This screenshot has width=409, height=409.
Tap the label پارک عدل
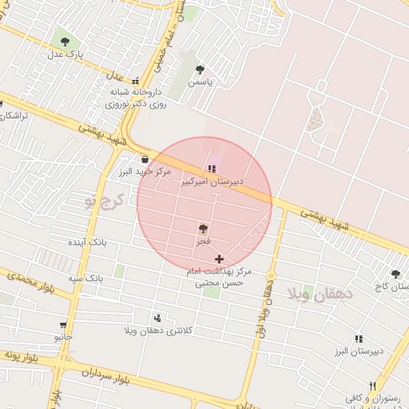point(64,54)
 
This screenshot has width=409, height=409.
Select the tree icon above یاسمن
point(200,69)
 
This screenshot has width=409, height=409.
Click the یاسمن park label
point(200,81)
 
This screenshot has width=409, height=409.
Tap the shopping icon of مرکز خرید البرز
point(145,158)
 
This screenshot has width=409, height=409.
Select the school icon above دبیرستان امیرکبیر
point(211,169)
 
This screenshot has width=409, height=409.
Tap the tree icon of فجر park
point(203,228)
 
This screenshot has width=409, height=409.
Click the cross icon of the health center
point(219,259)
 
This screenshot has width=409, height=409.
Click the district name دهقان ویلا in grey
point(319,292)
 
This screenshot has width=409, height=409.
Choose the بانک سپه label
point(85,278)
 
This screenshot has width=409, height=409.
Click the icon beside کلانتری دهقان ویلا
point(157,318)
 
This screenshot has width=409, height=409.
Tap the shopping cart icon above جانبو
point(62,325)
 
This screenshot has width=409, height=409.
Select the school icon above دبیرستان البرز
point(359,340)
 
